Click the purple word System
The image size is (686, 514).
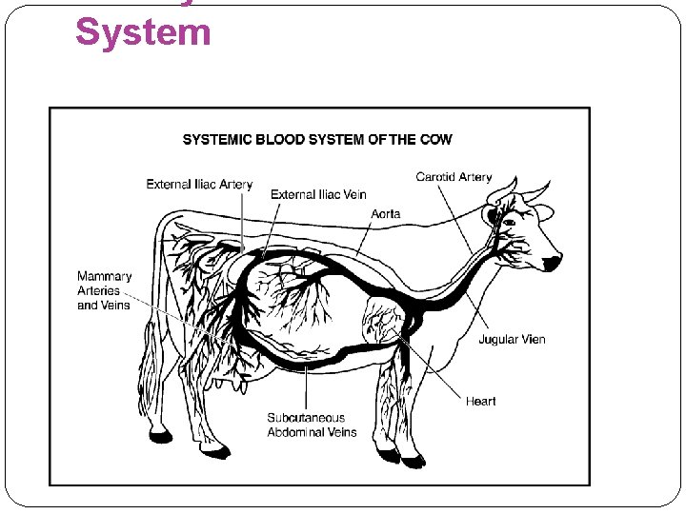pos(143,31)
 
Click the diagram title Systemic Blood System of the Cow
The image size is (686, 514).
pos(317,139)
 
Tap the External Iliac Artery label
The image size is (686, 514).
pos(199,185)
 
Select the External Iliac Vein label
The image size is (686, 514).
pos(318,195)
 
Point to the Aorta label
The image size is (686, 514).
pos(386,214)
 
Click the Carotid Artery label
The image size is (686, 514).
pos(454,177)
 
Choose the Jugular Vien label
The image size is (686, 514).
pos(512,340)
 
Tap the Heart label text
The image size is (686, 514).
pos(481,401)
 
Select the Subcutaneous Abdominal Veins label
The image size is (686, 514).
pos(312,425)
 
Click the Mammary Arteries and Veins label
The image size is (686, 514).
pos(105,290)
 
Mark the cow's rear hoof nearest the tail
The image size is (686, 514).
pos(161,437)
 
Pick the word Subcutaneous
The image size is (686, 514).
pos(306,418)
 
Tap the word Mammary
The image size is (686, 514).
pos(105,277)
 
